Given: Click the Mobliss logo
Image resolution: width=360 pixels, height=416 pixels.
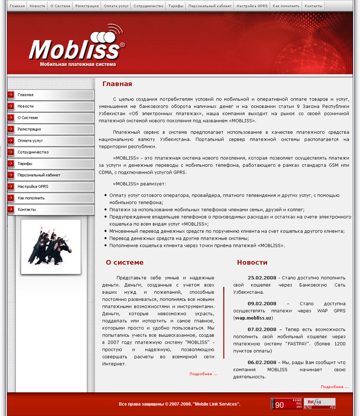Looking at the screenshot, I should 77,48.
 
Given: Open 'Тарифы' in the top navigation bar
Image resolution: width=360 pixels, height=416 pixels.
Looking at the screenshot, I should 176,6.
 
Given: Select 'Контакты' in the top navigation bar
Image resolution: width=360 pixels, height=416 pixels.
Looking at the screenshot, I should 313,6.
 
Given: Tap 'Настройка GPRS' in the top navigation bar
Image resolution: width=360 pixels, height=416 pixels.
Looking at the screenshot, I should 252,6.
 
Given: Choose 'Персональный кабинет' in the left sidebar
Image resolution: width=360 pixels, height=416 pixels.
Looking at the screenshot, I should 39,175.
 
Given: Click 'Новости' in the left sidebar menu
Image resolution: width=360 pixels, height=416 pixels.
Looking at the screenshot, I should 26,106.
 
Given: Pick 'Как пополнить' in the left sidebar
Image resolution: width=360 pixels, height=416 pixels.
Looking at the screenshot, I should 31,198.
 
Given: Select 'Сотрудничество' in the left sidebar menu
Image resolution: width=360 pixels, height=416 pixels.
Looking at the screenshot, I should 33,152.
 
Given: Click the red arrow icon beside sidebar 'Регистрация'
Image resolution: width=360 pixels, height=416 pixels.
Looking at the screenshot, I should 11,129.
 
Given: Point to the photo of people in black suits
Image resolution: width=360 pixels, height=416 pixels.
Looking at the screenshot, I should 50,246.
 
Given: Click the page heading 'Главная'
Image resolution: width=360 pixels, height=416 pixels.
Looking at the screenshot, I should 117,84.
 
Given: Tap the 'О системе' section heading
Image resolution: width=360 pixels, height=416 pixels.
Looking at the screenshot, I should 125,263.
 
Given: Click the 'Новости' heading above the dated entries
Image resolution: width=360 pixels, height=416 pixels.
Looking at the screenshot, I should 252,263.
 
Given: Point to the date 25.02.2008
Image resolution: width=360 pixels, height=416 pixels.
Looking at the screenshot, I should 262,278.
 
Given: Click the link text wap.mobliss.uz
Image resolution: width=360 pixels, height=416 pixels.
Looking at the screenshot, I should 253,318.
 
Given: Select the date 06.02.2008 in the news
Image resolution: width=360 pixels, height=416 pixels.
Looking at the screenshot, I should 262,362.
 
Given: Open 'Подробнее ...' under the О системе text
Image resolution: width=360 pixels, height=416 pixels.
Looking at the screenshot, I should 203,374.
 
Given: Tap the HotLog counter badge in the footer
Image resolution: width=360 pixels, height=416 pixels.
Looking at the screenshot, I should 319,403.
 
